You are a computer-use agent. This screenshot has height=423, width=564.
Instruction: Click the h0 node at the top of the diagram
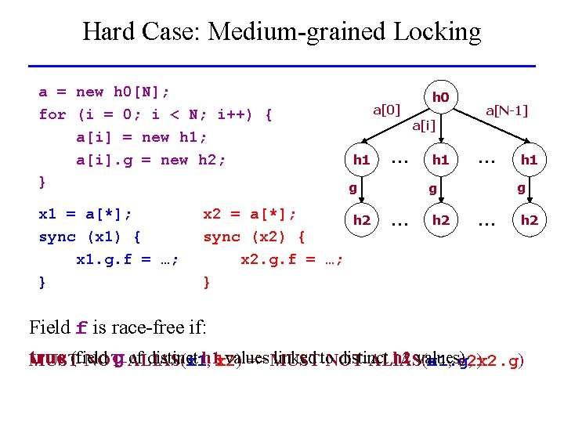[440, 98]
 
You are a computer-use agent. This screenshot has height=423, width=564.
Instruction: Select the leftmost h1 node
[361, 160]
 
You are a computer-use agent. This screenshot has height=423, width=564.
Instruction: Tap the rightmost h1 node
[530, 160]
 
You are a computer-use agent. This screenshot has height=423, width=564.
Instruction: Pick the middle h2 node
[440, 220]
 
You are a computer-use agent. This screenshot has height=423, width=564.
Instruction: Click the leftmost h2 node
[361, 220]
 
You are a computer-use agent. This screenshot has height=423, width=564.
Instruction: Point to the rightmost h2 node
[530, 220]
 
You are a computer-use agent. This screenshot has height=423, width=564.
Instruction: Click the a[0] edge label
[386, 109]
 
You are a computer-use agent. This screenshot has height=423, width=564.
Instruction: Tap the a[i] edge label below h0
[424, 125]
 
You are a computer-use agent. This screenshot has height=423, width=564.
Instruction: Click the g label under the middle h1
[432, 188]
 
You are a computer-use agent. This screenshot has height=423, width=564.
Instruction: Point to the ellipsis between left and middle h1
[399, 160]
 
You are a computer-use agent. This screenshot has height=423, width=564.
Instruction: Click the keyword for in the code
[52, 114]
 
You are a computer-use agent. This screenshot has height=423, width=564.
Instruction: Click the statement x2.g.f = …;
[291, 259]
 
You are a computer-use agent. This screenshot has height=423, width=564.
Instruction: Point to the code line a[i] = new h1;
[142, 137]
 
